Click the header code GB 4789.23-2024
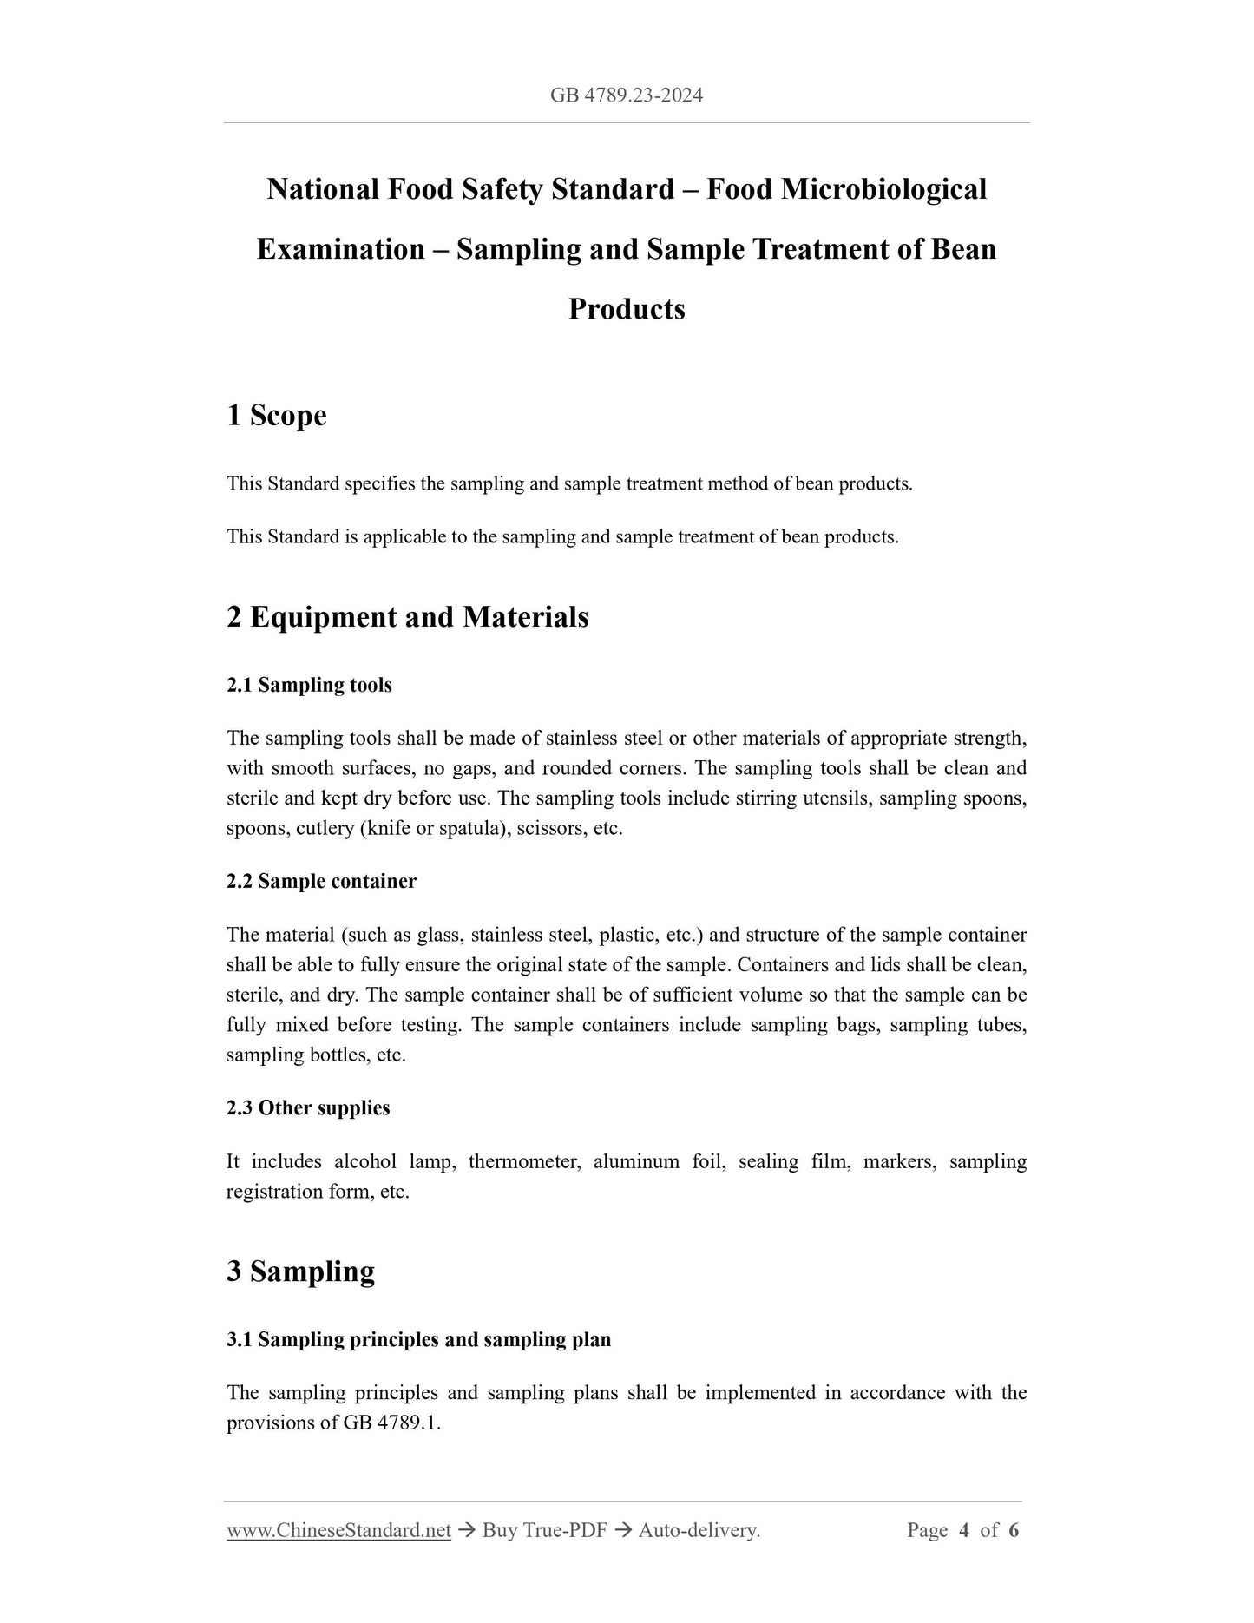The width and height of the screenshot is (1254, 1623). tap(626, 95)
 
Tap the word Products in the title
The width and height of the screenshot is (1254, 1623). tap(627, 309)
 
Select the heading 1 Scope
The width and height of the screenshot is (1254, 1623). tap(277, 416)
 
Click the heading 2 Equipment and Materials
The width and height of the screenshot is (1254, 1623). tap(408, 617)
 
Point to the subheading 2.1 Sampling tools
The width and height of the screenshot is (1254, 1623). tap(309, 686)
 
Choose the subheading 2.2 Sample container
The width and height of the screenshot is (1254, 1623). tap(321, 882)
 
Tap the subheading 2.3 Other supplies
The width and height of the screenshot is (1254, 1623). tap(308, 1108)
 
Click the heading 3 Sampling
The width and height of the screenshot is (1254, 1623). tap(300, 1271)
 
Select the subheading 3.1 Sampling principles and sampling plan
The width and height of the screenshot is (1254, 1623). tap(418, 1340)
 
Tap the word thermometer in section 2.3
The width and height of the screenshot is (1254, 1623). tap(524, 1162)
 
